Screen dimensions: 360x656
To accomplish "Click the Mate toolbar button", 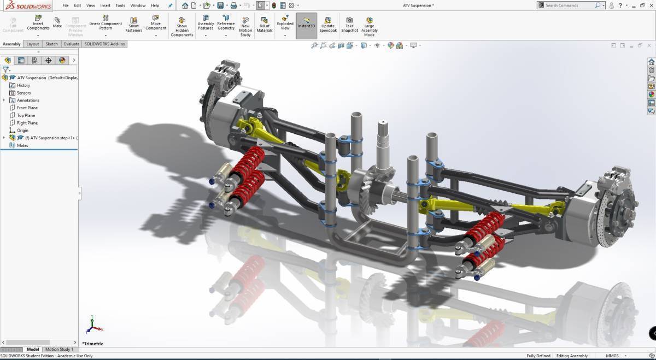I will pos(57,22).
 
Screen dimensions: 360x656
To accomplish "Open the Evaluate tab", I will pos(72,44).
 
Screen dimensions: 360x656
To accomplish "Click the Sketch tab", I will pos(51,44).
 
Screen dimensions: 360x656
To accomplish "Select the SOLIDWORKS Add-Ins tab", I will pos(104,44).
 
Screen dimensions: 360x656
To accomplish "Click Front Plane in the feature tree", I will pos(27,108).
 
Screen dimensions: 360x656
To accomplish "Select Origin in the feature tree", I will pos(22,131).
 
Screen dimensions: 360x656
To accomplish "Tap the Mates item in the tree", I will pos(22,145).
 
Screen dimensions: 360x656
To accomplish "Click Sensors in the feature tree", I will pos(24,93).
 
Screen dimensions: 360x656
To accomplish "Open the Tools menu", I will pos(120,5).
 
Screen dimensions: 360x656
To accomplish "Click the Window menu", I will pos(138,5).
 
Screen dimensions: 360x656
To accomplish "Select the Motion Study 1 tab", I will pos(58,350).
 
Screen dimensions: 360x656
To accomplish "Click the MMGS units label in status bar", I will pos(612,356).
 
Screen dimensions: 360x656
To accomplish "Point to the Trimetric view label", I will pos(93,344).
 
